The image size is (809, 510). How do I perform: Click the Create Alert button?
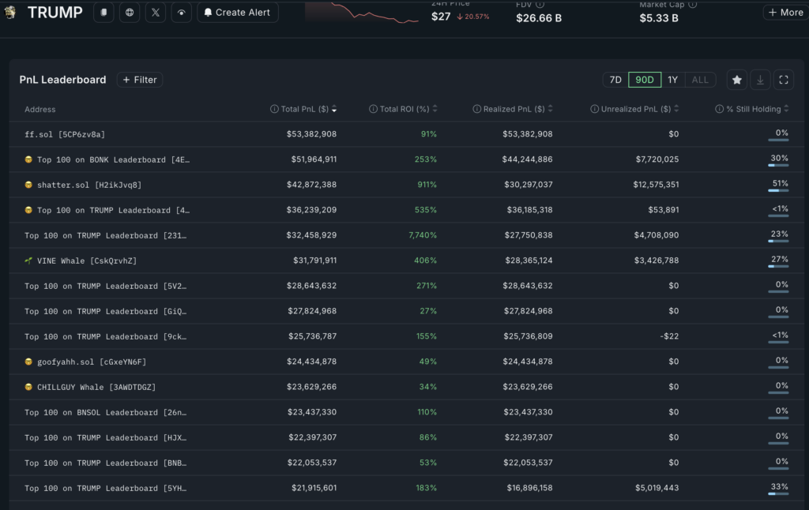(238, 13)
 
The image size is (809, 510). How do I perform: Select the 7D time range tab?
(615, 80)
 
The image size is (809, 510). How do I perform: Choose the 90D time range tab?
(645, 80)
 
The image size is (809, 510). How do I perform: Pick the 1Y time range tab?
(672, 80)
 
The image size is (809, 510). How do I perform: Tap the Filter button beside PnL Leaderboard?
(140, 80)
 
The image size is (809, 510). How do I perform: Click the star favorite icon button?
(737, 80)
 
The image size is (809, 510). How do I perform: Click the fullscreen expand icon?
(783, 80)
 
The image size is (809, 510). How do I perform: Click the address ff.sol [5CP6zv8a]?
(65, 134)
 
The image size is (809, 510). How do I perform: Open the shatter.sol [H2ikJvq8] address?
(89, 185)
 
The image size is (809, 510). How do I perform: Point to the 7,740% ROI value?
(423, 235)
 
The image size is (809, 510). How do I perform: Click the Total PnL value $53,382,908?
(311, 134)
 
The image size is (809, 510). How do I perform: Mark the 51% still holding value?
(781, 183)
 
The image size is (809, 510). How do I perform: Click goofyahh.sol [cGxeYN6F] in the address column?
(92, 362)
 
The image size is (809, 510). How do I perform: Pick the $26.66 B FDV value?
(539, 17)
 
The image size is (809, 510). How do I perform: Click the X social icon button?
(156, 13)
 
